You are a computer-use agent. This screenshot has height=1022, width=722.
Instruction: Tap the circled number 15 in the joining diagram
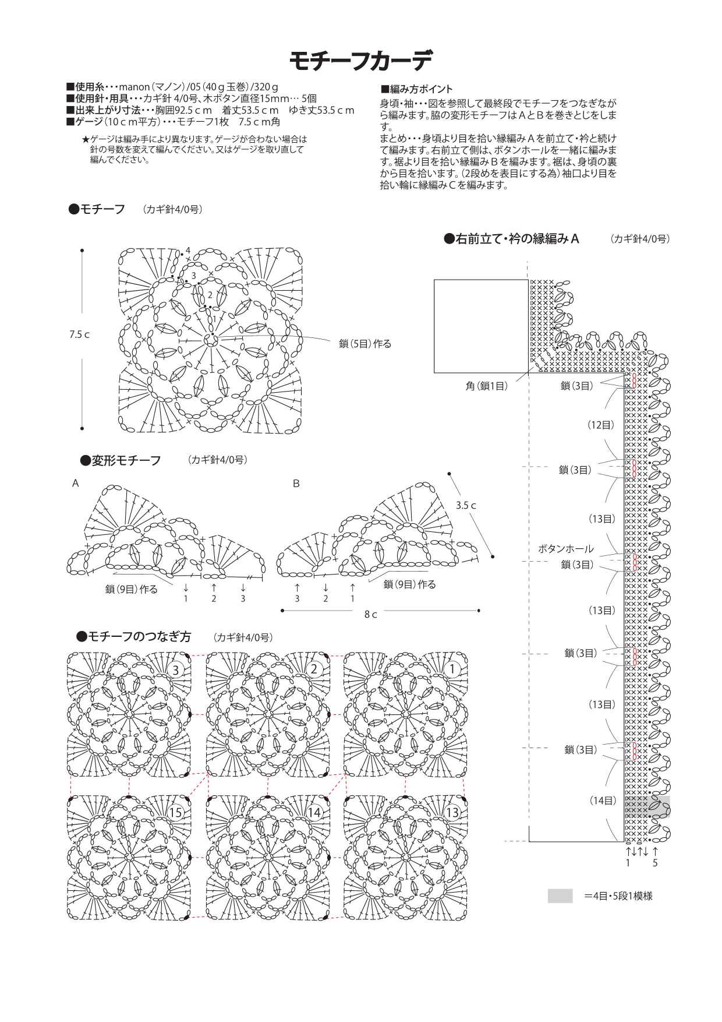[176, 813]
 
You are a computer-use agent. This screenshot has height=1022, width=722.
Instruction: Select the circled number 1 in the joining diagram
[452, 669]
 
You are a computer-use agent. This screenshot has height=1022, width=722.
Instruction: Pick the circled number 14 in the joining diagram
[314, 813]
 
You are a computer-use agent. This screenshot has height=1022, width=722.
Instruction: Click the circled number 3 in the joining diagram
[176, 670]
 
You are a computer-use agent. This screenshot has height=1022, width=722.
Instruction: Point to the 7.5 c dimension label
[80, 335]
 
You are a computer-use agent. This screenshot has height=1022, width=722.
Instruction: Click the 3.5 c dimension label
[466, 506]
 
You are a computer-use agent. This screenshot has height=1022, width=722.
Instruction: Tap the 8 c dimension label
[371, 615]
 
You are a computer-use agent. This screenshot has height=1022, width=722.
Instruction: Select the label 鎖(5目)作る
[365, 344]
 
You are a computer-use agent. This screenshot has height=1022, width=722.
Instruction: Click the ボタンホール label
[565, 549]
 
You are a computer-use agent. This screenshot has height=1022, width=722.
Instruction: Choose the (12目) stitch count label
[600, 425]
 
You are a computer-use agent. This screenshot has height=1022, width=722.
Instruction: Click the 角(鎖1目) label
[486, 386]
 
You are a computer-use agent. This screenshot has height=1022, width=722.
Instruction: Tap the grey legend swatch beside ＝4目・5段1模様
[560, 896]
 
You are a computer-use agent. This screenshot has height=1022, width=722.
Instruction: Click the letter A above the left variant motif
[76, 484]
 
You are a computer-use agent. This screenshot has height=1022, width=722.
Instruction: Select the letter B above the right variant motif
[296, 484]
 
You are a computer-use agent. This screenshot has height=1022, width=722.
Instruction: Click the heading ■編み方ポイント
[416, 90]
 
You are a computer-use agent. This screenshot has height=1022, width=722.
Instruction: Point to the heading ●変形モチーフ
[121, 461]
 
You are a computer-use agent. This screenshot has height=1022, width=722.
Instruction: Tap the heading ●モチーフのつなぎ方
[135, 637]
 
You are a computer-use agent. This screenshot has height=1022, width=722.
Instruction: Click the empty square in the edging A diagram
[481, 326]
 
